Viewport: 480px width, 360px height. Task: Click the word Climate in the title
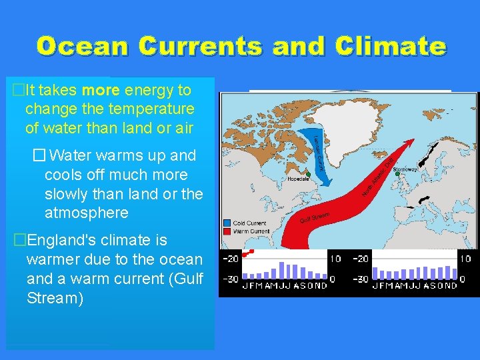(391, 46)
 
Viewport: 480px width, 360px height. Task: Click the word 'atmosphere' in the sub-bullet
(86, 213)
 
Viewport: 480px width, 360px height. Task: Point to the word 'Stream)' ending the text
(55, 297)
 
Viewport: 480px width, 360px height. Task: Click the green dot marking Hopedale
(308, 174)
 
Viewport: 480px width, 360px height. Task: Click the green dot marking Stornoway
(398, 175)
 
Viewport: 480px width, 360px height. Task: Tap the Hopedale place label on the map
(297, 179)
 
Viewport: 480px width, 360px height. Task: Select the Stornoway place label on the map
(405, 170)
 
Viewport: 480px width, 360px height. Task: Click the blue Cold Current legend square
(227, 223)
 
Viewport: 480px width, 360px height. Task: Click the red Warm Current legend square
(227, 231)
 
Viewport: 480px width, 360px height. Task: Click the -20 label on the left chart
(231, 259)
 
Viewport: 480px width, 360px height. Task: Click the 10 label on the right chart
(465, 259)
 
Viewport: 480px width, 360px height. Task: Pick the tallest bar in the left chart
(281, 269)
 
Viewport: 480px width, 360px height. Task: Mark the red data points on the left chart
(248, 253)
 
